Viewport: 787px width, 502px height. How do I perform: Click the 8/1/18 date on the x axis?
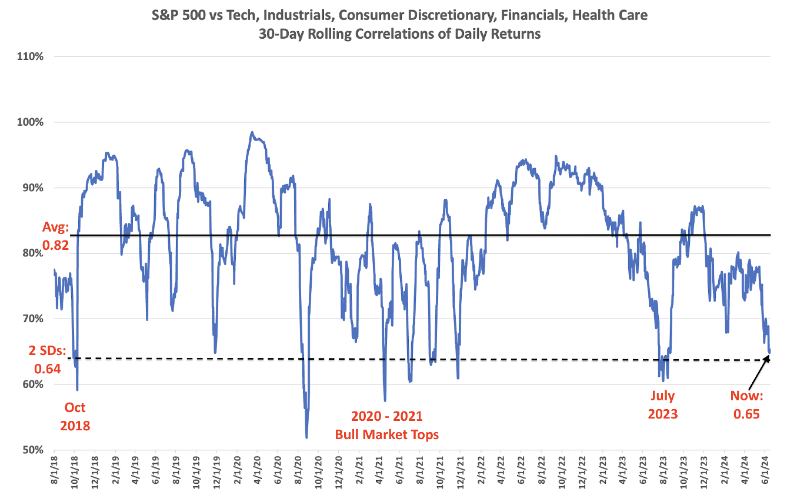coord(55,476)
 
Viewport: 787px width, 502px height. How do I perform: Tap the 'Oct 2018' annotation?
coord(75,416)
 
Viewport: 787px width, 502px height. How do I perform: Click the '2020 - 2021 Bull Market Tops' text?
coord(386,425)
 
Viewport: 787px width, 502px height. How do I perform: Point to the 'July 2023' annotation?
coord(663,405)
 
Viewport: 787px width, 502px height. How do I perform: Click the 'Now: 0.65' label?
coord(746,405)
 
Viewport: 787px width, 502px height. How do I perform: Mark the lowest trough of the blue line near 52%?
coord(306,437)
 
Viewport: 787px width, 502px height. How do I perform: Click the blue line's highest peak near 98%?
coord(252,132)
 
